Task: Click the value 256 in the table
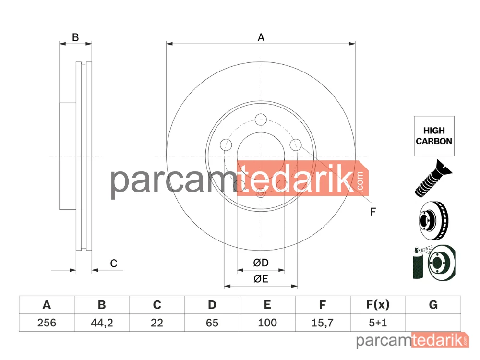47,323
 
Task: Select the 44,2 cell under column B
102,323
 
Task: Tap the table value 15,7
323,323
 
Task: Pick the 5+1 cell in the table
378,323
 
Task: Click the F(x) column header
378,305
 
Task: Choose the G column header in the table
433,305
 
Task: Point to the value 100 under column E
267,323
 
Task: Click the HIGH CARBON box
434,136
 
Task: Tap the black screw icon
433,178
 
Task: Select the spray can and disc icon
434,263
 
